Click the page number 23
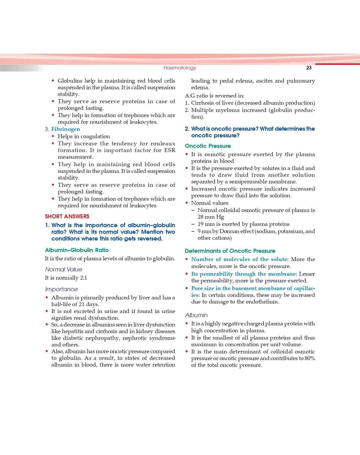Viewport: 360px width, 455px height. (x=309, y=68)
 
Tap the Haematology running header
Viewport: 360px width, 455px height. (x=180, y=68)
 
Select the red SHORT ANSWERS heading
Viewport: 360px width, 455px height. (x=67, y=217)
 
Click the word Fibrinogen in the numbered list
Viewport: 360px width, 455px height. (x=66, y=129)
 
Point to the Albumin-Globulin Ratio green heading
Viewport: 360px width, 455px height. (x=77, y=250)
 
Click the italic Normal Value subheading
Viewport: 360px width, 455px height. (x=63, y=269)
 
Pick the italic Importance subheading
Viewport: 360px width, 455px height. (x=61, y=289)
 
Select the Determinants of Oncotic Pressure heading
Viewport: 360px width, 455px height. (x=230, y=251)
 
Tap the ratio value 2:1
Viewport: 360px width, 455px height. (x=83, y=278)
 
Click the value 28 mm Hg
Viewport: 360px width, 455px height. (x=211, y=217)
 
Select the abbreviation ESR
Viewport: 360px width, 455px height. (x=170, y=150)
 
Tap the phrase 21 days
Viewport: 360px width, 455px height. (x=89, y=304)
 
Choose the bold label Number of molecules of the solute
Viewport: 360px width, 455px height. (x=240, y=259)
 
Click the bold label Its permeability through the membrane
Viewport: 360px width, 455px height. (x=244, y=274)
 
